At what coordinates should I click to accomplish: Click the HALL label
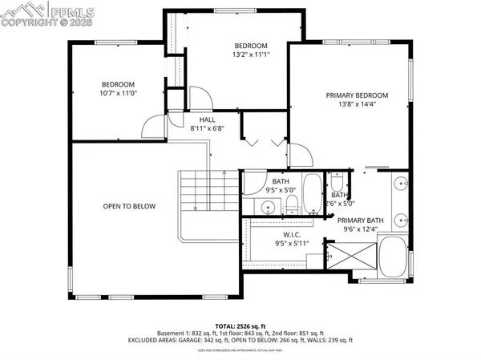[x=196, y=118]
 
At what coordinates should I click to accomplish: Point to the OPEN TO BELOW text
[x=129, y=206]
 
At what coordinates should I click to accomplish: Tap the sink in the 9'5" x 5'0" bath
[x=270, y=208]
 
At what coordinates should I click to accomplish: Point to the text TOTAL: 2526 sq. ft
[x=240, y=325]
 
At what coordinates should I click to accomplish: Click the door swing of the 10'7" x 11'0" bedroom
[x=150, y=127]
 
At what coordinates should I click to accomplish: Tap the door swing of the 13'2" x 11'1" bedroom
[x=200, y=99]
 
